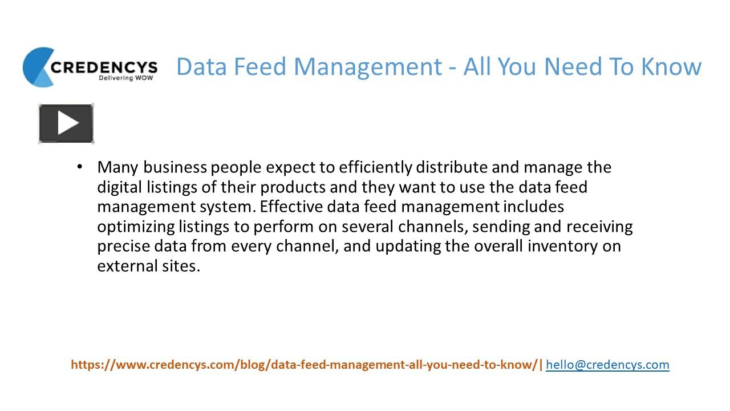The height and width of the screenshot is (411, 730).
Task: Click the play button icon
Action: point(66,123)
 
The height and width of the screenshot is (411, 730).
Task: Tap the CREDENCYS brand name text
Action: point(104,66)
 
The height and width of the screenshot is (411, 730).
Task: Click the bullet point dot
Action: point(80,167)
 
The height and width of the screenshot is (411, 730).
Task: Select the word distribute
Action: point(452,167)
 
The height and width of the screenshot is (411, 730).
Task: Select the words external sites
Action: point(148,266)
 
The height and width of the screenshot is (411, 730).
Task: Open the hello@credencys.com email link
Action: point(607,364)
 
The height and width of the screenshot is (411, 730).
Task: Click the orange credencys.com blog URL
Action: point(305,364)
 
